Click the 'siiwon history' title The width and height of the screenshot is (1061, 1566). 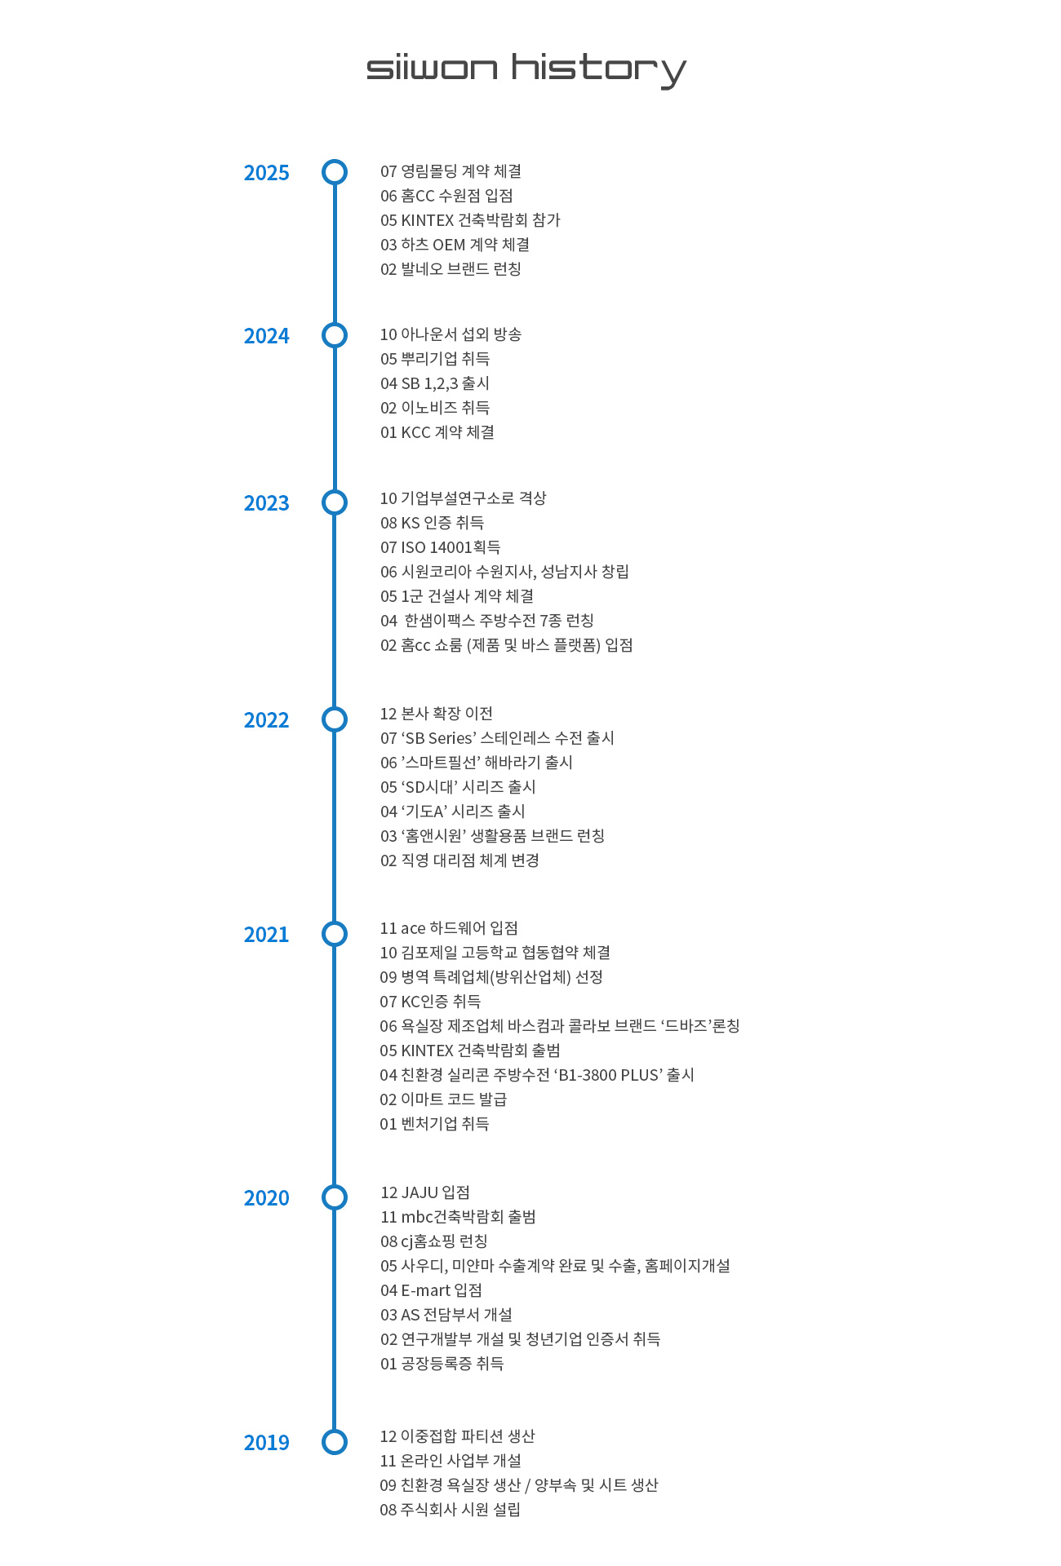pyautogui.click(x=526, y=69)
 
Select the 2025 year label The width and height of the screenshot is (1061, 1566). pyautogui.click(x=266, y=173)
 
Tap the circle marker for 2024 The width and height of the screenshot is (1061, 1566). pyautogui.click(x=335, y=335)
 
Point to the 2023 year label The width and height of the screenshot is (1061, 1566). pyautogui.click(x=266, y=503)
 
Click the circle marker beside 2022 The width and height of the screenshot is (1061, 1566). pyautogui.click(x=335, y=719)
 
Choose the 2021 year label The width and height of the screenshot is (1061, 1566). pyautogui.click(x=266, y=935)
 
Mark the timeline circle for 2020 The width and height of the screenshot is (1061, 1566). pyautogui.click(x=335, y=1197)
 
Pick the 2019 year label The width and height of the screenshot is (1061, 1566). pyautogui.click(x=266, y=1443)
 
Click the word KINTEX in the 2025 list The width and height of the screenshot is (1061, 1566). pyautogui.click(x=427, y=220)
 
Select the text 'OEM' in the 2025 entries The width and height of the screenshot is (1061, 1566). pyautogui.click(x=449, y=245)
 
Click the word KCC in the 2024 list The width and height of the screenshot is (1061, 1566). pyautogui.click(x=415, y=432)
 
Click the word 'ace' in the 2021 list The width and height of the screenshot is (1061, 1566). pyautogui.click(x=413, y=928)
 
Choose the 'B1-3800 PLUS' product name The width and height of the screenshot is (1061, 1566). pyautogui.click(x=608, y=1075)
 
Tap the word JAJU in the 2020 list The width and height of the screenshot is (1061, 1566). pyautogui.click(x=420, y=1192)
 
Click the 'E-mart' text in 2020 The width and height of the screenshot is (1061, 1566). pyautogui.click(x=425, y=1290)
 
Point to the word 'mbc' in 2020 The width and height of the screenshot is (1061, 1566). pyautogui.click(x=417, y=1217)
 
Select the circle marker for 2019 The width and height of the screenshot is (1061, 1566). pyautogui.click(x=335, y=1442)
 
